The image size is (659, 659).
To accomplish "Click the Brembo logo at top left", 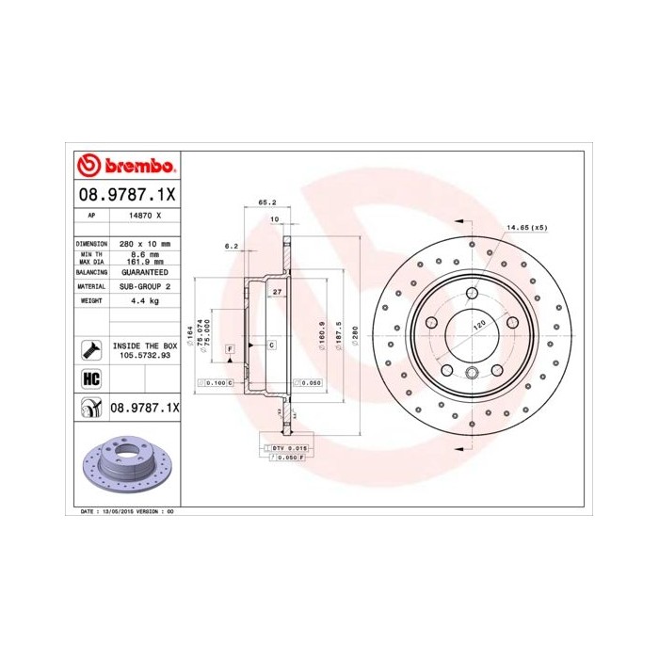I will (x=125, y=167).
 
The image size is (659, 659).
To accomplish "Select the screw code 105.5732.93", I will (x=144, y=357).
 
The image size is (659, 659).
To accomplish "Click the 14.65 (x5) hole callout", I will (x=526, y=229).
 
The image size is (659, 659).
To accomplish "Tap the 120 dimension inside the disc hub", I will (x=479, y=325).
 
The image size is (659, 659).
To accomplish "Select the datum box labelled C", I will (x=271, y=346).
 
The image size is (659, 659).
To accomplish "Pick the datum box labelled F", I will (x=229, y=350).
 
